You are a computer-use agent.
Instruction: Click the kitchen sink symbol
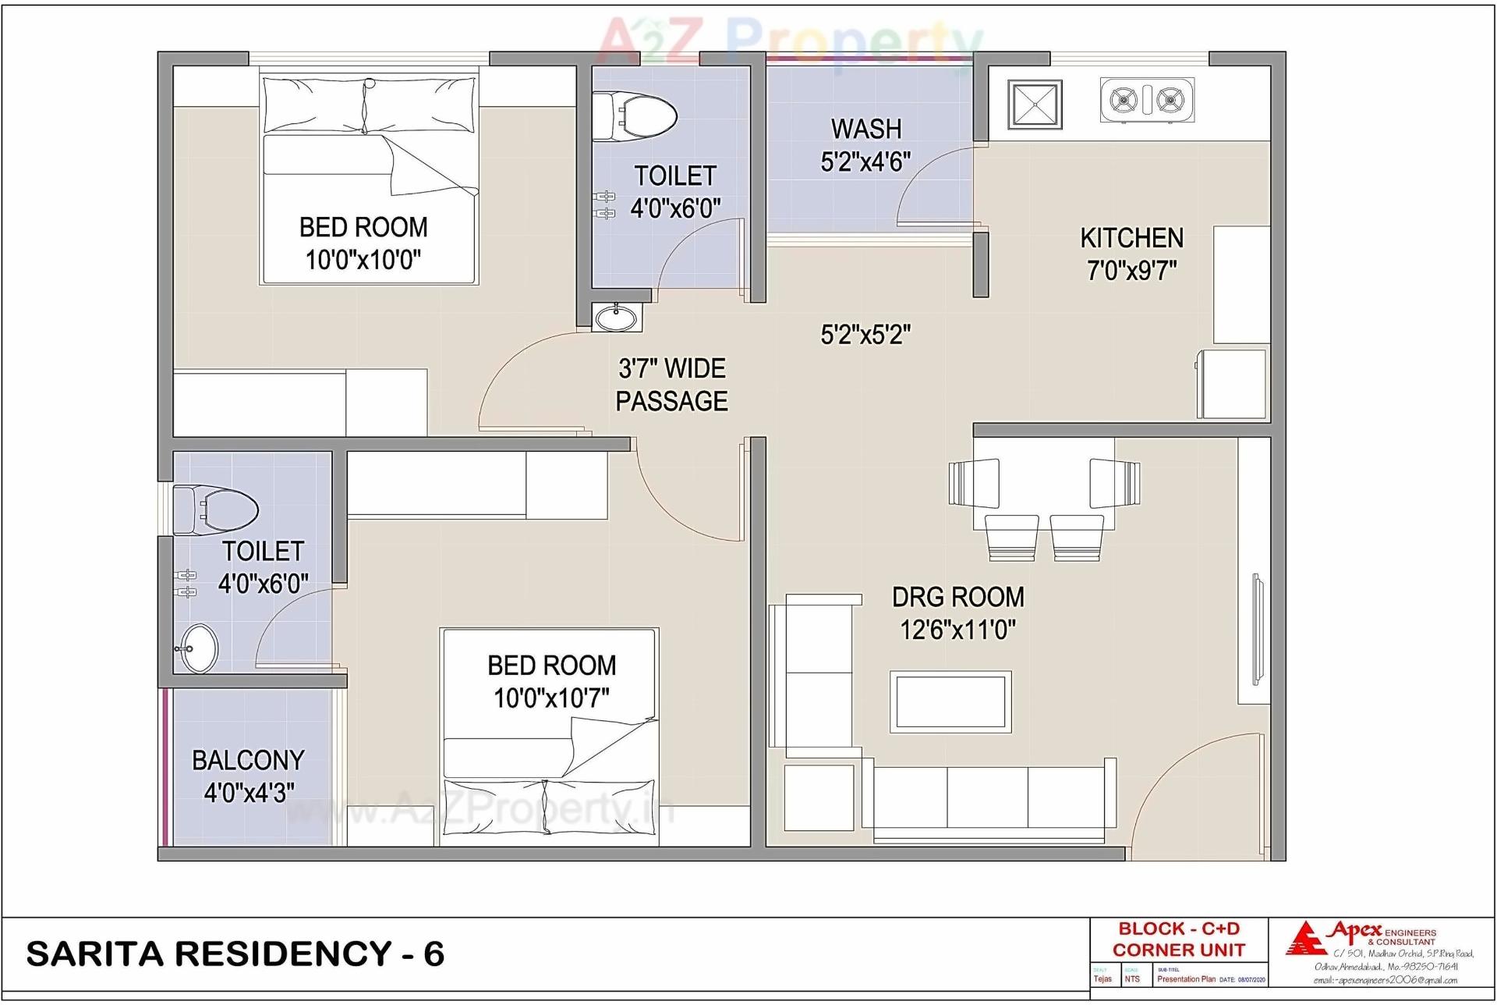point(1034,105)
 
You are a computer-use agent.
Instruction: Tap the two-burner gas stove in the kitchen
point(1146,100)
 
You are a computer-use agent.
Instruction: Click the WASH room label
point(865,129)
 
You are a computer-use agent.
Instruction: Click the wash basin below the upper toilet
point(616,318)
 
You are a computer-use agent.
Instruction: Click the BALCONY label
point(248,760)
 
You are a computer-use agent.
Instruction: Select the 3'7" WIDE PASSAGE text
point(671,385)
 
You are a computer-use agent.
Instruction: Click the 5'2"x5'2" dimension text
point(865,335)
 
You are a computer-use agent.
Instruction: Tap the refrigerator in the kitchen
point(1232,384)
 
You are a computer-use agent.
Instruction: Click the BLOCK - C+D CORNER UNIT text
point(1178,939)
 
